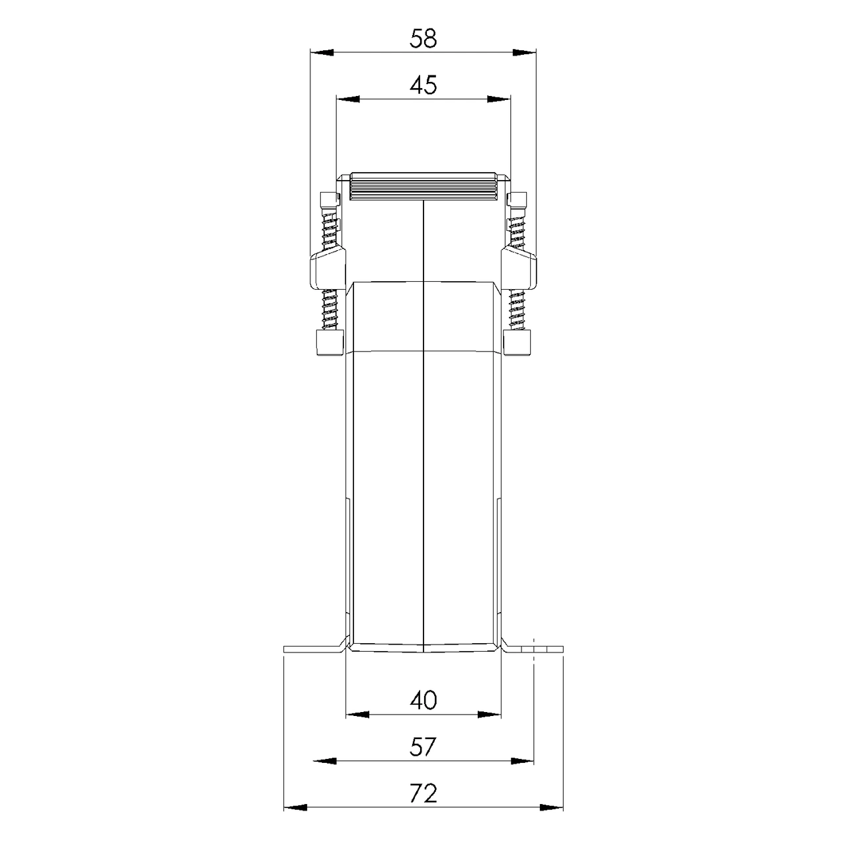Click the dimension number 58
[423, 38]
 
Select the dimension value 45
[423, 85]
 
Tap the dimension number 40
[423, 700]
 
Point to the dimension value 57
[423, 747]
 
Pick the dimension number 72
[423, 793]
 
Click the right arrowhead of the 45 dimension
[500, 99]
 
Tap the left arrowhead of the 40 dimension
[358, 715]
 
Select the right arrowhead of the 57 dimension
[522, 761]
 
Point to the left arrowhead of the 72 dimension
[295, 808]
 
